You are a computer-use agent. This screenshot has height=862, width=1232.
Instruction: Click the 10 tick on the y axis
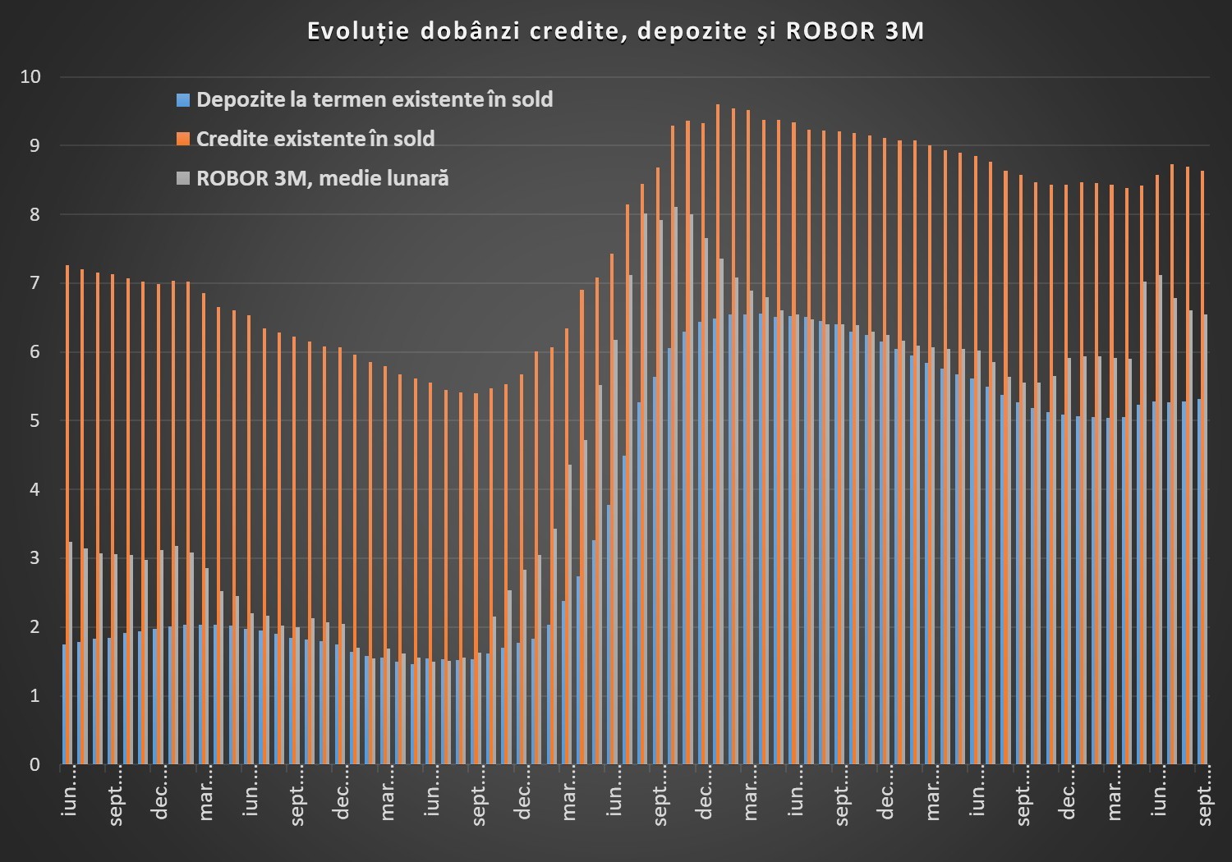pyautogui.click(x=30, y=77)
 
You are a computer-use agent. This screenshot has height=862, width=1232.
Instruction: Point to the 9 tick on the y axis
pyautogui.click(x=34, y=146)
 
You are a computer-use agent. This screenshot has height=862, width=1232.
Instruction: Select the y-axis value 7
pyautogui.click(x=34, y=283)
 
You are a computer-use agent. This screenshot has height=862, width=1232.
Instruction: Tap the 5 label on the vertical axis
pyautogui.click(x=34, y=421)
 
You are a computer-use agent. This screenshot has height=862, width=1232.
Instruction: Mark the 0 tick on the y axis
pyautogui.click(x=34, y=764)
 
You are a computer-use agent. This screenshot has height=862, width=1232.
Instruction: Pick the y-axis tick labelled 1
pyautogui.click(x=34, y=696)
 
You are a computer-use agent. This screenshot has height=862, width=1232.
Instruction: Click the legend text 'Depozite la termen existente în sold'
pyautogui.click(x=375, y=100)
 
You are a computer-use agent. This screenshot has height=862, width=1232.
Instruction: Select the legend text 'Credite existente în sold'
pyautogui.click(x=315, y=139)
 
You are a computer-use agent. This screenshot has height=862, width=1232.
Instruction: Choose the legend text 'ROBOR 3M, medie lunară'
pyautogui.click(x=322, y=178)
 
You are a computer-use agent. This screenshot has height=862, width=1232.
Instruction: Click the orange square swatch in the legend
pyautogui.click(x=182, y=140)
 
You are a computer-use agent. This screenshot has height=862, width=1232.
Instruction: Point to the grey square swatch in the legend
pyautogui.click(x=182, y=179)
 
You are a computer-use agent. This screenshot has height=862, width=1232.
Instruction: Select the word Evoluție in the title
pyautogui.click(x=358, y=31)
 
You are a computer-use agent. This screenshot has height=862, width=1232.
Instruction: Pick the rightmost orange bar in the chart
pyautogui.click(x=1203, y=468)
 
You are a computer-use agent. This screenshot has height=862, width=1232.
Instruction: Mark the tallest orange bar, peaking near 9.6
pyautogui.click(x=718, y=434)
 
